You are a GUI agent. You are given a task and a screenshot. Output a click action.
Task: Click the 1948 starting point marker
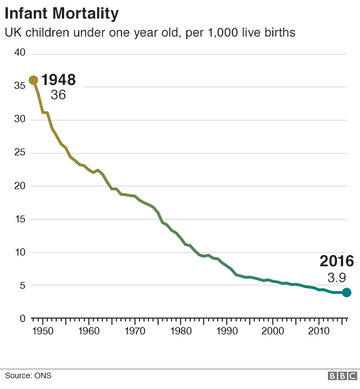[x=33, y=80]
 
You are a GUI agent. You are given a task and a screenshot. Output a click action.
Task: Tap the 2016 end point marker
[x=346, y=292]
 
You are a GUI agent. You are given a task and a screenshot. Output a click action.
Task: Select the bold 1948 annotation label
[x=58, y=80]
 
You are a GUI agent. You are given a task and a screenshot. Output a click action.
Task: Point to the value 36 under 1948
[x=58, y=95]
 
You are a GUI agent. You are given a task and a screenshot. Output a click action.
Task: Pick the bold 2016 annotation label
[x=336, y=261]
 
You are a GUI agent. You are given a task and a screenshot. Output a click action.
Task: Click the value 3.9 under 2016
[x=336, y=277]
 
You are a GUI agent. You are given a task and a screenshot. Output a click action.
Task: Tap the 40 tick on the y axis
[x=20, y=53]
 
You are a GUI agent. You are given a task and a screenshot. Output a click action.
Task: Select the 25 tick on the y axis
[x=20, y=153]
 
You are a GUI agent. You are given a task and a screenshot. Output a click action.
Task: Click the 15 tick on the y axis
[x=20, y=219]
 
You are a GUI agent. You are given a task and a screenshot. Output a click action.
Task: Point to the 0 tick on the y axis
[x=22, y=319]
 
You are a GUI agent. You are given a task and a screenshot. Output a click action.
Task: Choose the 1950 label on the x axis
[x=42, y=330]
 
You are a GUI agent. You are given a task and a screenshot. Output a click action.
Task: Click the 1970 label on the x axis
[x=134, y=330]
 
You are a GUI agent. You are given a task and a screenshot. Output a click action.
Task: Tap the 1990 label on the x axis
[x=227, y=330]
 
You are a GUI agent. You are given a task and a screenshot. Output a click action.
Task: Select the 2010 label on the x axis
[x=318, y=330]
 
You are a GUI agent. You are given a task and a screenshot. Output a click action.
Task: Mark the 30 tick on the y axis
[x=20, y=119]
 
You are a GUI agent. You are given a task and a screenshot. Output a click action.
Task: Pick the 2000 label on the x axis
[x=272, y=330]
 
